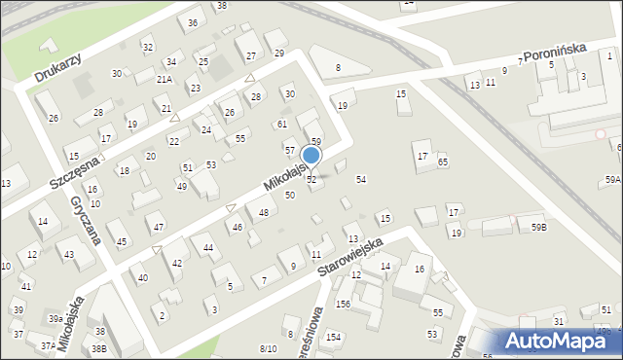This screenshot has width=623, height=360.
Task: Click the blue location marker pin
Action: [x=311, y=156]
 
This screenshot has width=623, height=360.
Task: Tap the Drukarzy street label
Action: [x=56, y=66]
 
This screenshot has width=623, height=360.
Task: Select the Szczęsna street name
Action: [x=77, y=169]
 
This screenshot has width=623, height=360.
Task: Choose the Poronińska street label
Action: [x=557, y=54]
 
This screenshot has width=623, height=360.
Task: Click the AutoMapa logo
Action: [x=559, y=342]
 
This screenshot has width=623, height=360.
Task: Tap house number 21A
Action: [x=165, y=80]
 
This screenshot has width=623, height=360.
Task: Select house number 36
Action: [x=193, y=22]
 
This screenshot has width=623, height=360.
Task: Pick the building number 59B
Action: [x=538, y=227]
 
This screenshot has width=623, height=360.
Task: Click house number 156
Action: [x=343, y=304]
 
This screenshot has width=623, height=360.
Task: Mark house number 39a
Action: [x=56, y=318]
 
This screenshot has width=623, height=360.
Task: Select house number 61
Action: [x=281, y=124]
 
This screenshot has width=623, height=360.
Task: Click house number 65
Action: [x=443, y=162]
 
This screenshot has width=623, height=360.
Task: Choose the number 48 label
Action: [x=264, y=212]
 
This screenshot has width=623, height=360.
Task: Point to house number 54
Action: [x=361, y=180]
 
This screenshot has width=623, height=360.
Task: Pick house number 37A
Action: [x=46, y=345]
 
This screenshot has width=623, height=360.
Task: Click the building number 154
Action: [x=334, y=337]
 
